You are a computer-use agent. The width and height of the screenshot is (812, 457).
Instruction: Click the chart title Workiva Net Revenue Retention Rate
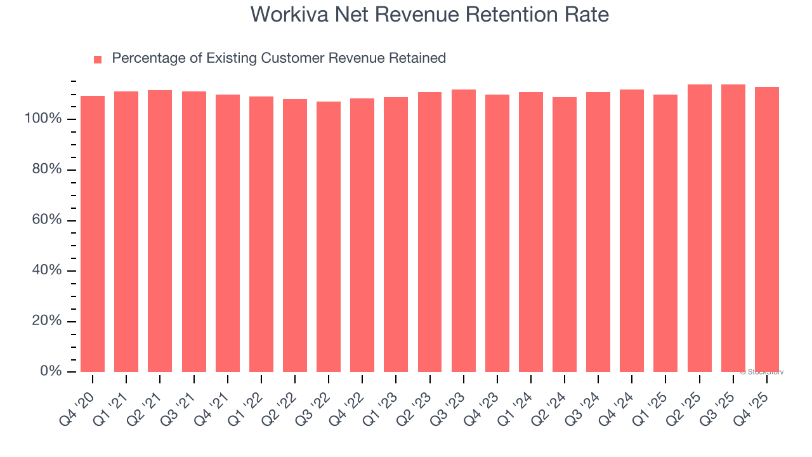pos(429,14)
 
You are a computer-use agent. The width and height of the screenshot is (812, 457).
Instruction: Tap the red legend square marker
pos(98,60)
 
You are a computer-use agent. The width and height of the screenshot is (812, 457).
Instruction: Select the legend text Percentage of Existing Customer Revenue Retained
pos(278,58)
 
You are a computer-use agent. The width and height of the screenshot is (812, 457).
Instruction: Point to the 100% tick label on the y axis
pos(44,119)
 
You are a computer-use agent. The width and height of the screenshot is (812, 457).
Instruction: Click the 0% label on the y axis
pos(51,371)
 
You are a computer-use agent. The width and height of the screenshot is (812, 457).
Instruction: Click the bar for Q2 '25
pos(699,228)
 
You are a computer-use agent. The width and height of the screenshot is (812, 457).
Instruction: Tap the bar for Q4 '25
pos(766,230)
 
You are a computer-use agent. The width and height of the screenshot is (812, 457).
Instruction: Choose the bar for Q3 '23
pos(463,231)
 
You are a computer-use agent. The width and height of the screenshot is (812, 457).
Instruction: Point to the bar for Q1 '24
pos(531,232)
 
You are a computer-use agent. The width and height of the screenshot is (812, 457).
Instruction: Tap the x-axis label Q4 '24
pos(619,403)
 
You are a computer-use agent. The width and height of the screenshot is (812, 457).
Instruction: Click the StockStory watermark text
pos(762,372)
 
